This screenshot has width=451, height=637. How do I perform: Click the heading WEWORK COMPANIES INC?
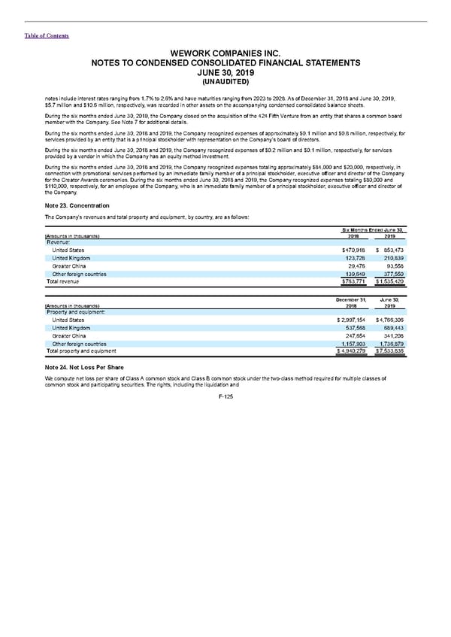pos(225,54)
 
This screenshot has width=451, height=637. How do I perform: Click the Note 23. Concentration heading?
pos(77,206)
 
